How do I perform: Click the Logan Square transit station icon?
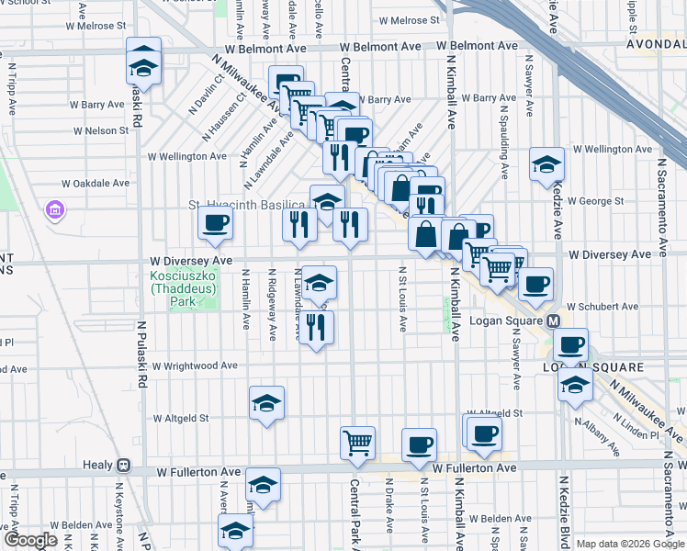[554, 321]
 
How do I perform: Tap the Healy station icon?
[122, 466]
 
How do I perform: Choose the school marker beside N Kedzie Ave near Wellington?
[546, 164]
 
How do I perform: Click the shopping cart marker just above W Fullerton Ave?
[357, 443]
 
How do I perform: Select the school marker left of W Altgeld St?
[266, 403]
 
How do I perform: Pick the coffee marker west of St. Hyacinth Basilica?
[216, 222]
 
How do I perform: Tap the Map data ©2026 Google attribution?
[630, 544]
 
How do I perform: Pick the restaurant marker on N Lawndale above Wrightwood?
[315, 327]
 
